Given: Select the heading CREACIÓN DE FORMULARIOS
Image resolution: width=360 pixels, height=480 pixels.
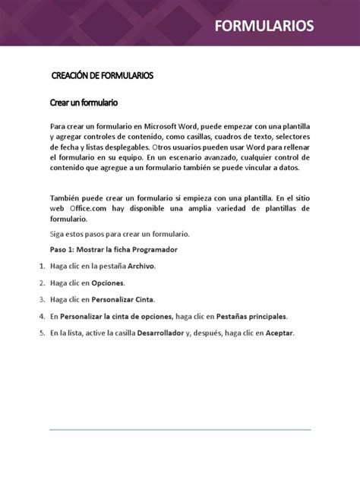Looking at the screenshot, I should coord(102,76).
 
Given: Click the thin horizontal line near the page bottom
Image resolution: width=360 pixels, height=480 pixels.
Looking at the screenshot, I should coord(180,430).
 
